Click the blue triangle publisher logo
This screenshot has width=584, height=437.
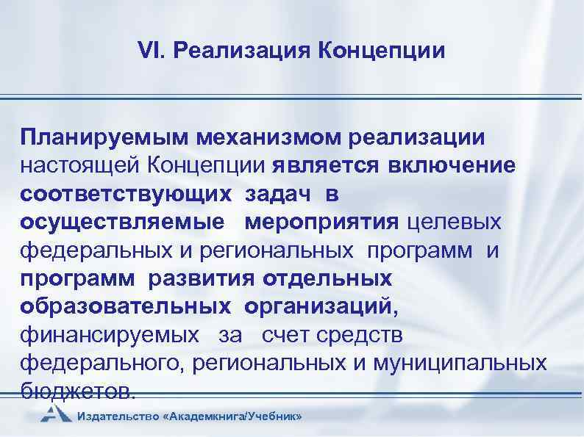[55, 414]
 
